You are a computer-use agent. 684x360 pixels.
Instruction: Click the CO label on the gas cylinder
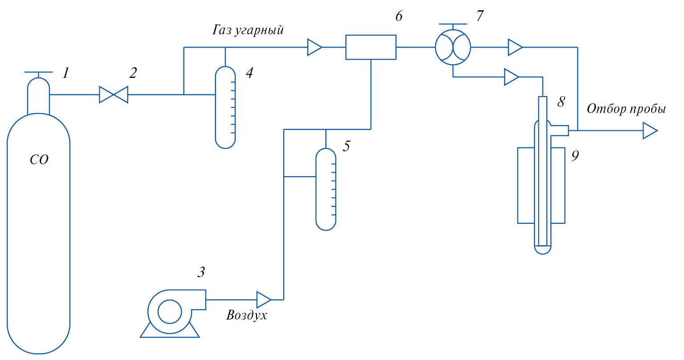click(39, 160)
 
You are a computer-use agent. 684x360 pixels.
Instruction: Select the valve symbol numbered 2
click(113, 95)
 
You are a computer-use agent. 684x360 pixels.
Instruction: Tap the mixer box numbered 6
click(371, 47)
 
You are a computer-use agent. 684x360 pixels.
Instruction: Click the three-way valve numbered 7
click(453, 47)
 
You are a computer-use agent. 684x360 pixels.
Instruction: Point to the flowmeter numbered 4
click(225, 107)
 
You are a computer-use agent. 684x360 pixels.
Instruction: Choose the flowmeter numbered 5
click(326, 189)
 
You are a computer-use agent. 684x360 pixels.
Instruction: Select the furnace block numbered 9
click(541, 185)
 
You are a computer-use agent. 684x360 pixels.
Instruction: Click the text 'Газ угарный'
click(248, 30)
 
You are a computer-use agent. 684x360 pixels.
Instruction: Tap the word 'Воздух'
click(247, 316)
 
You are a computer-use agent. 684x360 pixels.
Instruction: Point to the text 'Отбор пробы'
click(626, 109)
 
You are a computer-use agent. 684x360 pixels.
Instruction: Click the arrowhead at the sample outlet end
click(650, 131)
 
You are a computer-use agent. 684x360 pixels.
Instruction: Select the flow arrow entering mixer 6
click(314, 47)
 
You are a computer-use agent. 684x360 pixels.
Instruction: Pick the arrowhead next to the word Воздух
click(264, 299)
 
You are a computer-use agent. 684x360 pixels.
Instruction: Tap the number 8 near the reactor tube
click(561, 102)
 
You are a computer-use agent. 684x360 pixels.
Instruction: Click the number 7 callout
click(479, 16)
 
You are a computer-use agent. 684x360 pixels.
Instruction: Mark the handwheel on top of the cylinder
click(38, 72)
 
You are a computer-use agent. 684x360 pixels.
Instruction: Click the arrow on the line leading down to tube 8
click(511, 77)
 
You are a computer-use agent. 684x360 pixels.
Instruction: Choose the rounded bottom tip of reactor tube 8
click(542, 250)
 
